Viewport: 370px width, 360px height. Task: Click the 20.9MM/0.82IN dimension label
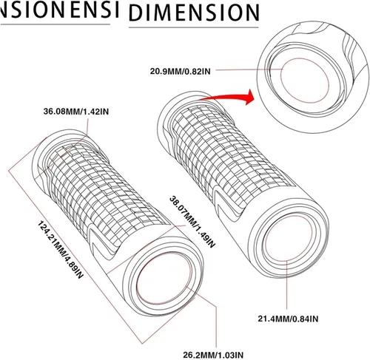coord(181,71)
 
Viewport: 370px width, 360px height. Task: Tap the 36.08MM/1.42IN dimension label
coord(76,112)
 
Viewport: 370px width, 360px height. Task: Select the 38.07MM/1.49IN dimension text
coord(192,222)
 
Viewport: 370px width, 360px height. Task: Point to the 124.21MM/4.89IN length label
coord(60,250)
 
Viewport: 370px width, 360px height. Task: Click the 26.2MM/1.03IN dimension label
coord(213,355)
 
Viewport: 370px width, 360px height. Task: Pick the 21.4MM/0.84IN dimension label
coord(288,319)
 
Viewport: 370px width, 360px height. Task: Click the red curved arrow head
coord(249,97)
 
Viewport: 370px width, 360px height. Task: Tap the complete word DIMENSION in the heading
coord(194,13)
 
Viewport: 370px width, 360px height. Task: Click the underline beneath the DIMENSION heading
coord(194,27)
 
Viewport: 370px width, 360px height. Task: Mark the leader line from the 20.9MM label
coord(249,69)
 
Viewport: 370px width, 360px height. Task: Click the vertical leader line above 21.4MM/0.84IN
coord(287,284)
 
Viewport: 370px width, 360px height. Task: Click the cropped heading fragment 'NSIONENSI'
coord(59,10)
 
